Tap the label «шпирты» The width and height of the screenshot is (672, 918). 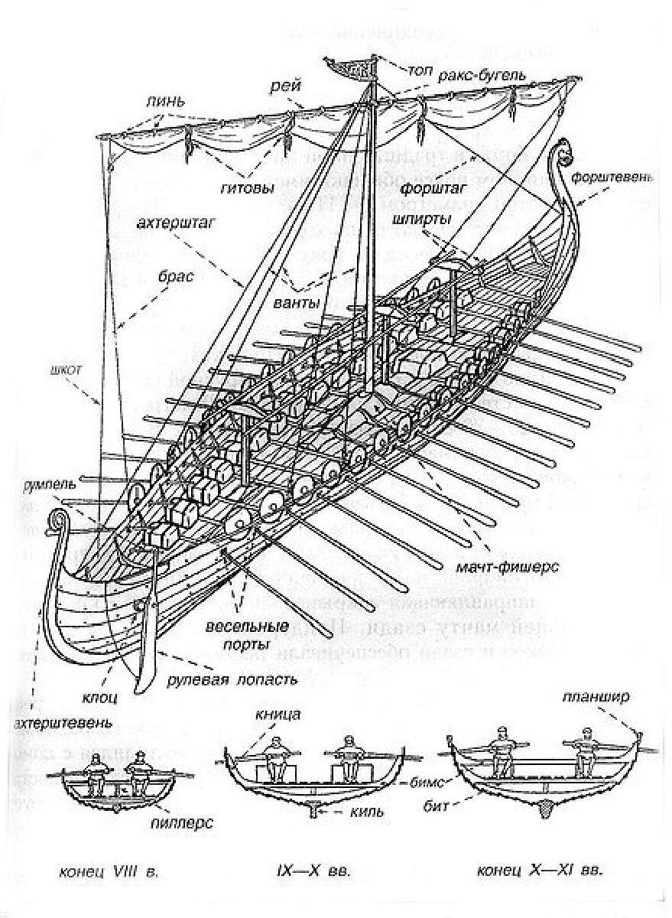click(420, 219)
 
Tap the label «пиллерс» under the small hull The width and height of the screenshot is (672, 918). click(181, 824)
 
